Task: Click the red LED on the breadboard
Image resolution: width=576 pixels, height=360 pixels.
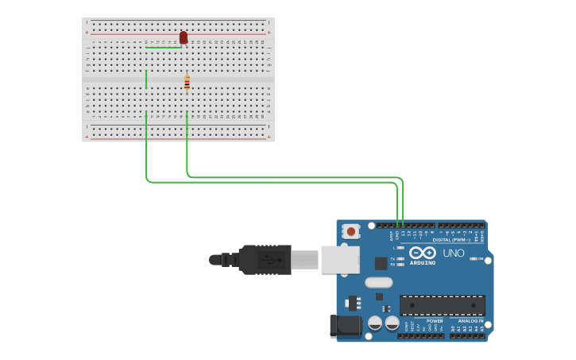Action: coord(184,37)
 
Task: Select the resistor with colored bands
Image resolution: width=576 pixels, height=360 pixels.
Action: coord(187,82)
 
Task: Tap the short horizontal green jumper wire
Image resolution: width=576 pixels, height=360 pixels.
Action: coord(163,48)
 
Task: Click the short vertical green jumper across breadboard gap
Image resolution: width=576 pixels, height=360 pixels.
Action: coord(146,79)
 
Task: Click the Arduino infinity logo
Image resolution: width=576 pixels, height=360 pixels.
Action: coord(423,253)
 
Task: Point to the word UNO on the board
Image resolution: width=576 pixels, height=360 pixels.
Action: coord(453,253)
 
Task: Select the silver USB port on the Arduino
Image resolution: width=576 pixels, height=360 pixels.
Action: coord(339,260)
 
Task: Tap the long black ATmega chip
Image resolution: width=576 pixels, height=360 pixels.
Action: coord(442,305)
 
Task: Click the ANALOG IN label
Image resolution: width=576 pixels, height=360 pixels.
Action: coord(470,321)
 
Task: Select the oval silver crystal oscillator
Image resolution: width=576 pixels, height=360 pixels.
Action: coord(379,282)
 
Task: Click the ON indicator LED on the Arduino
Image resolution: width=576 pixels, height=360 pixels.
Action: coord(474,258)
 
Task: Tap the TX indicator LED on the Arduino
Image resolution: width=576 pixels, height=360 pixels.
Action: coord(400,258)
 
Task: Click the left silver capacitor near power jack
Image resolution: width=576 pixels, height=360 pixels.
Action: coord(376,323)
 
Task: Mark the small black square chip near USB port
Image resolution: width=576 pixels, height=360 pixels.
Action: coord(381,263)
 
